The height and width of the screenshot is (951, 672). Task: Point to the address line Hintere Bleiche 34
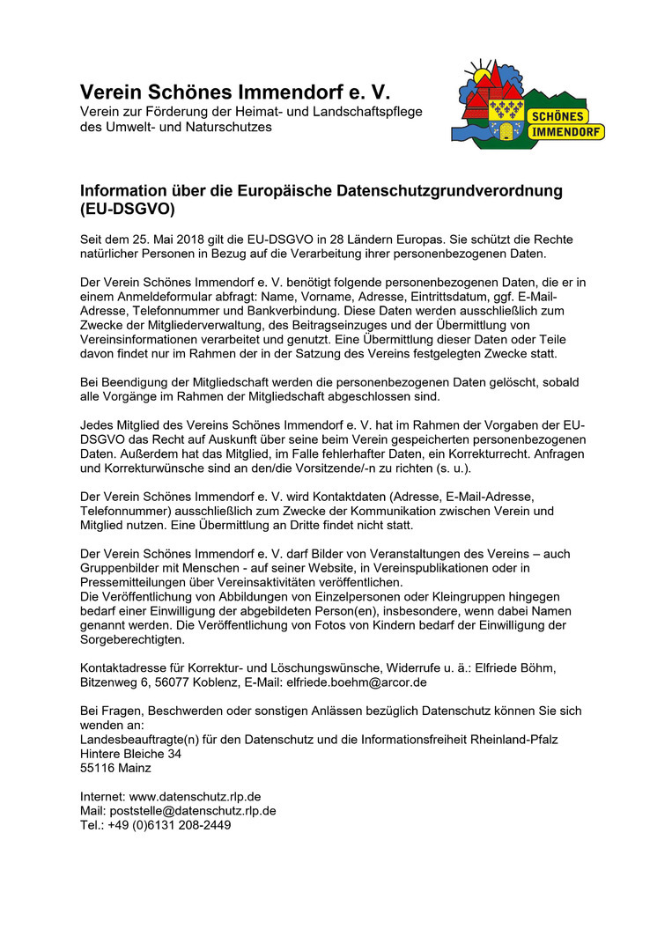[130, 754]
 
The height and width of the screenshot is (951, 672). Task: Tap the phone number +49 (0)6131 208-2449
[169, 825]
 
